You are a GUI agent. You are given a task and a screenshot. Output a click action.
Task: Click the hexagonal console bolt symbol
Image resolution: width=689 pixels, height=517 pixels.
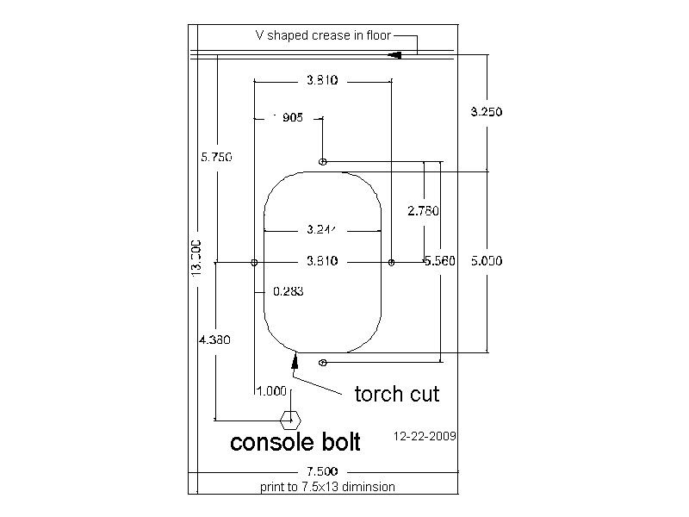(x=290, y=420)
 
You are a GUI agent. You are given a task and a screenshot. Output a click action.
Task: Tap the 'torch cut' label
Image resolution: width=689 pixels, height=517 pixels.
(x=397, y=394)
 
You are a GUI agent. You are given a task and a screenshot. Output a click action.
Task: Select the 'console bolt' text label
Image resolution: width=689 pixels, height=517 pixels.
(x=295, y=442)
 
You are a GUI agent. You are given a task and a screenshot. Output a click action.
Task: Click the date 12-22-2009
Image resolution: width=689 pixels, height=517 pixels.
(x=425, y=436)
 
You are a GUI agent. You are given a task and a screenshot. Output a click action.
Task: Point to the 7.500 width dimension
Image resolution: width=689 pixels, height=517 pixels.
(x=323, y=471)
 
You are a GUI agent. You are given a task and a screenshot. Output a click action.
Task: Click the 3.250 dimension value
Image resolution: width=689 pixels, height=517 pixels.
(x=486, y=111)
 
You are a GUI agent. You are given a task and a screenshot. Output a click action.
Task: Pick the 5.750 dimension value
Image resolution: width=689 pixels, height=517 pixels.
(x=216, y=157)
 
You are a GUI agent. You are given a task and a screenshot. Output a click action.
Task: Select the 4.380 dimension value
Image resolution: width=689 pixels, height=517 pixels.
(x=214, y=339)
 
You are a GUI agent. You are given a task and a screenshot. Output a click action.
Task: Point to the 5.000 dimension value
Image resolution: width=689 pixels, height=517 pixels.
(x=486, y=260)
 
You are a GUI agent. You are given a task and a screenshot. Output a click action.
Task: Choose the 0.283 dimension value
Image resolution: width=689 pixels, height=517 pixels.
(x=288, y=291)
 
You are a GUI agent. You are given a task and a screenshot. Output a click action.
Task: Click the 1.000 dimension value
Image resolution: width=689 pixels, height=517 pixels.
(x=271, y=390)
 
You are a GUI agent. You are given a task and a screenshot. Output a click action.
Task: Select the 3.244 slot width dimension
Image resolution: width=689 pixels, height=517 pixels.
(x=322, y=230)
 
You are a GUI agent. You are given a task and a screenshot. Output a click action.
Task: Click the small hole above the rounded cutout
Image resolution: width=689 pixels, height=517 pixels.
(x=323, y=161)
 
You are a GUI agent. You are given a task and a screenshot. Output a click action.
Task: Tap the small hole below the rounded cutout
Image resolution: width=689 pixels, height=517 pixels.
(x=323, y=363)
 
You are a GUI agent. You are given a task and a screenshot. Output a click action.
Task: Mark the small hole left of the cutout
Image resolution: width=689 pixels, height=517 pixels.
(x=253, y=261)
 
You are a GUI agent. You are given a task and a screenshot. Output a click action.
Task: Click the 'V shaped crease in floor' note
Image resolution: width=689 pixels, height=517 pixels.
(x=323, y=35)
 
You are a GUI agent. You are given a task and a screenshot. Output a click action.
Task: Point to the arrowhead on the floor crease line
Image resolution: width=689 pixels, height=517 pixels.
(x=395, y=54)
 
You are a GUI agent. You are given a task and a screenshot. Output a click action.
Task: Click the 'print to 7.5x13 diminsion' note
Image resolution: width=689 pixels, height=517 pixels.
(x=327, y=487)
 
